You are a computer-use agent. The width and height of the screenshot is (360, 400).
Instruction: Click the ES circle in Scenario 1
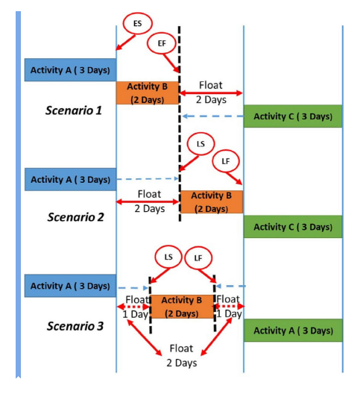(x=137, y=25)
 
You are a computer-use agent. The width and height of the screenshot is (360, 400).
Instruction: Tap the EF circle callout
(x=162, y=43)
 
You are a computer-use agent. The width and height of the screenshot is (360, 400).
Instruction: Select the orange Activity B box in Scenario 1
(x=148, y=93)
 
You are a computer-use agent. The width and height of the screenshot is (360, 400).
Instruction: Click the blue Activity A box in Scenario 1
(x=70, y=70)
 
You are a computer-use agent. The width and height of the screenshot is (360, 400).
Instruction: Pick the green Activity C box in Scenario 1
(x=293, y=116)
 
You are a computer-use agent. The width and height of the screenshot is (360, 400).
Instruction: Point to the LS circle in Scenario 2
(x=199, y=143)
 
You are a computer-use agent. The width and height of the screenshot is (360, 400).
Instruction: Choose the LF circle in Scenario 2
(x=226, y=161)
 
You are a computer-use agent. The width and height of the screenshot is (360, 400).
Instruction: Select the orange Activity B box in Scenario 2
(x=211, y=201)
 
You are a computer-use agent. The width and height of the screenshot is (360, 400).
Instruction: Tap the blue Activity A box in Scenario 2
(x=70, y=179)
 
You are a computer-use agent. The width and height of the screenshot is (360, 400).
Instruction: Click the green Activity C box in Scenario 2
(x=293, y=226)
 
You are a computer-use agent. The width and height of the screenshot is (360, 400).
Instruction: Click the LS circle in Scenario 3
(x=168, y=257)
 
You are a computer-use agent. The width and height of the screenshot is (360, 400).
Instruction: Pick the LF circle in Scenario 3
(x=198, y=257)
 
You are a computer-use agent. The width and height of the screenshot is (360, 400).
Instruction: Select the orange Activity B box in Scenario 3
(x=182, y=306)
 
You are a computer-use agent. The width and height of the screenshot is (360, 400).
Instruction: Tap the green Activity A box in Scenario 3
(x=293, y=330)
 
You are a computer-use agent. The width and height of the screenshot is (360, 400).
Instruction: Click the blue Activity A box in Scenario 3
(x=70, y=286)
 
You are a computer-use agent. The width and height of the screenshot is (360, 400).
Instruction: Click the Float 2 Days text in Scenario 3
(x=181, y=355)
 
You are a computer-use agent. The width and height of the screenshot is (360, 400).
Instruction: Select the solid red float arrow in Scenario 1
(x=211, y=93)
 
